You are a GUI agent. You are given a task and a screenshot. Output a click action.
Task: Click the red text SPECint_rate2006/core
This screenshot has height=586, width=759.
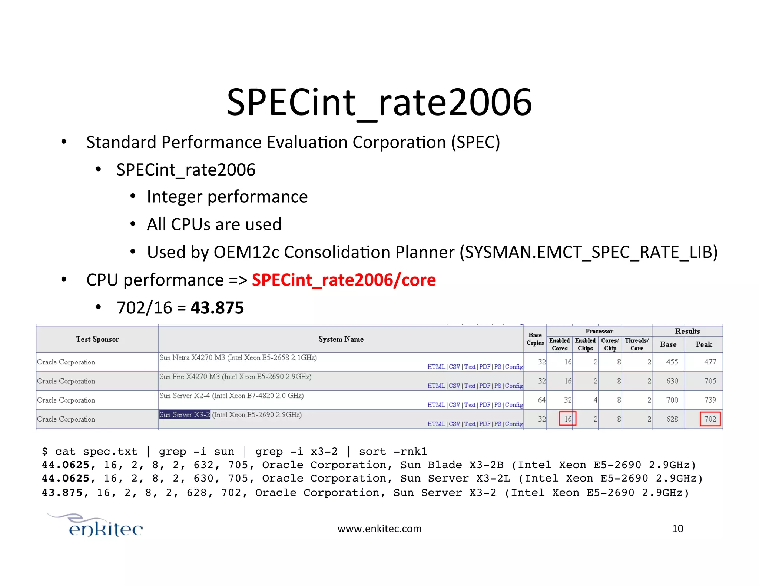[344, 280]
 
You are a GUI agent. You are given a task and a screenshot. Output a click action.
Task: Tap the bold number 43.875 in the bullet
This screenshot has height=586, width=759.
[217, 308]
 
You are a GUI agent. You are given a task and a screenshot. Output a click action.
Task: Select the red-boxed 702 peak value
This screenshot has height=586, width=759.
[710, 419]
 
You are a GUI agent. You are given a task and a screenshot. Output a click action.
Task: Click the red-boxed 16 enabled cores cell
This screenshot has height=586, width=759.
[567, 419]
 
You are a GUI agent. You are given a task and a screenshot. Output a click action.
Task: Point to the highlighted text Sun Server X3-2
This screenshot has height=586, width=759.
[185, 415]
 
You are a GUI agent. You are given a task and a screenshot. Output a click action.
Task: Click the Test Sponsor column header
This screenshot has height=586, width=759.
[97, 339]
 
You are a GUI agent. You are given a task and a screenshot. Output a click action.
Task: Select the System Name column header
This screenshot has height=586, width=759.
[341, 339]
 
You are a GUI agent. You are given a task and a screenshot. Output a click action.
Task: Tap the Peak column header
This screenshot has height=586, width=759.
[703, 344]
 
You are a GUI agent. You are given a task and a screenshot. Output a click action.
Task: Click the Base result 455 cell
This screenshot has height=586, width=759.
[672, 362]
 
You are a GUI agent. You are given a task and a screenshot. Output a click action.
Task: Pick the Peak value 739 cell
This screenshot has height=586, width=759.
[710, 400]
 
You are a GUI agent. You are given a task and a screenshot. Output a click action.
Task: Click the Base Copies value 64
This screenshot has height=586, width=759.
[541, 400]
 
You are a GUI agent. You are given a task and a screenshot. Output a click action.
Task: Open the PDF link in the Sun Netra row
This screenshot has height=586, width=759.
[484, 367]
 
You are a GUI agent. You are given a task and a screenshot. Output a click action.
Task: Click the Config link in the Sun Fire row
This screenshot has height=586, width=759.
[514, 386]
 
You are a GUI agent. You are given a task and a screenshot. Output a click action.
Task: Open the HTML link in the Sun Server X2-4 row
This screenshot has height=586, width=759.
[436, 405]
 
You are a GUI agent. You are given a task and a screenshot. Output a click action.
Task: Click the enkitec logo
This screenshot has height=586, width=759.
[100, 526]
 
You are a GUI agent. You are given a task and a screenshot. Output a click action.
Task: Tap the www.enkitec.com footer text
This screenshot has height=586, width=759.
[379, 529]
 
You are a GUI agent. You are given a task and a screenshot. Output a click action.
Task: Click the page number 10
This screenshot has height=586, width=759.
[677, 529]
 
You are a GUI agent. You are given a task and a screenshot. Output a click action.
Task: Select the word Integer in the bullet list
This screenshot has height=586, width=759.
[175, 197]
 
